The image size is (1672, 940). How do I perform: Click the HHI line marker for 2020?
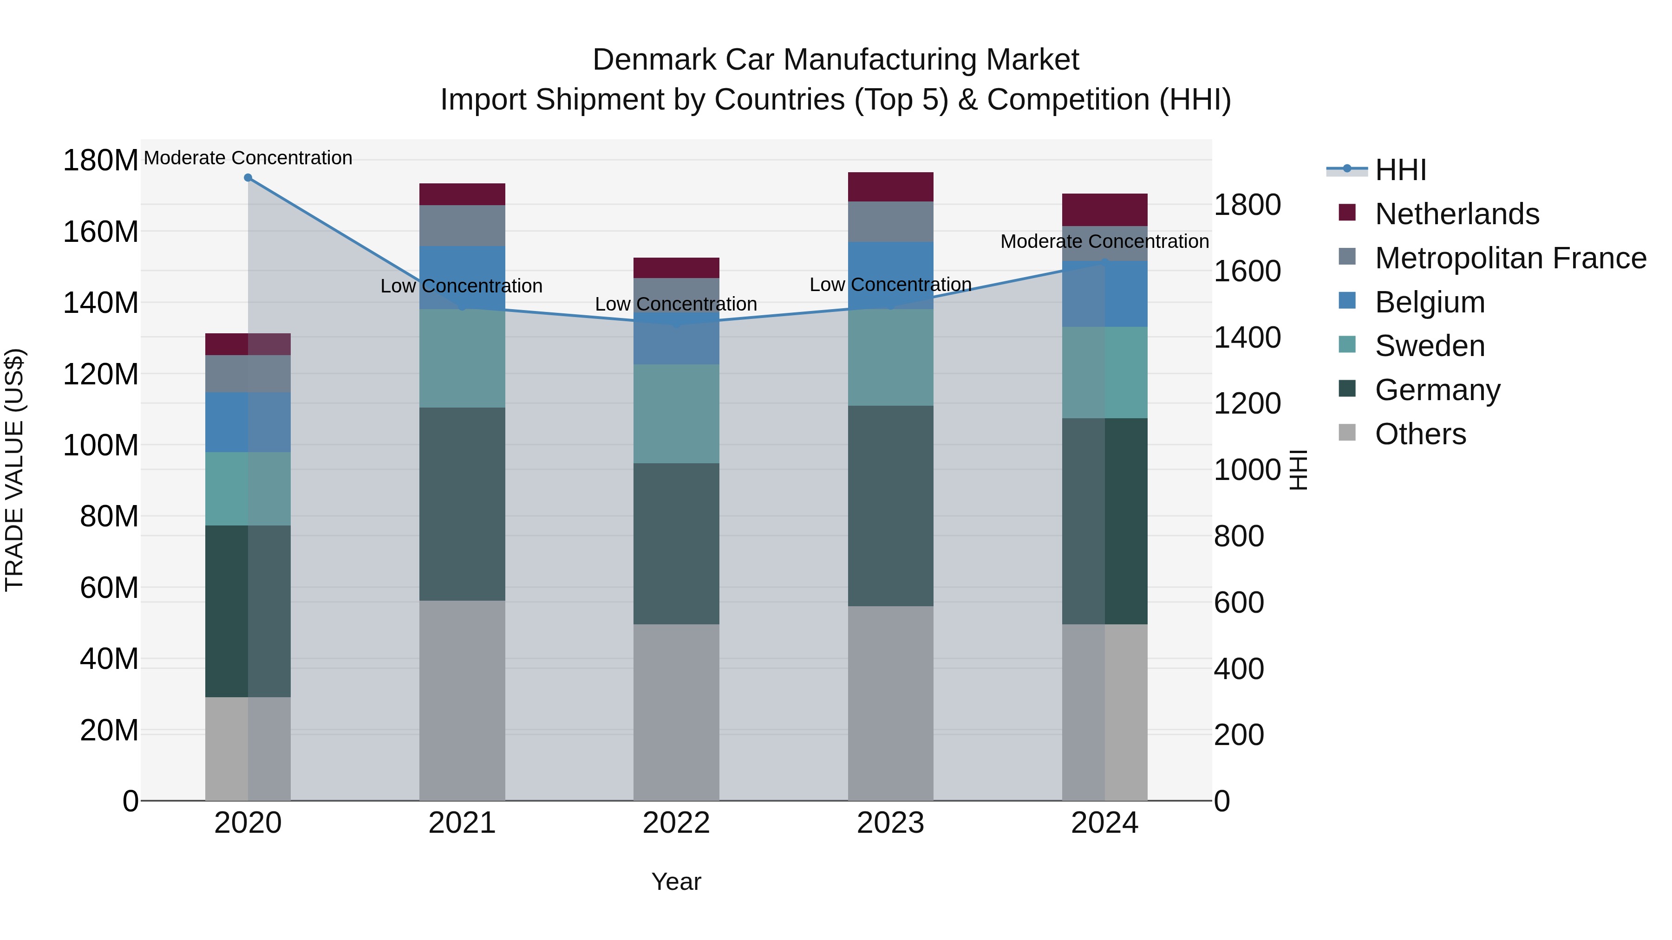[248, 178]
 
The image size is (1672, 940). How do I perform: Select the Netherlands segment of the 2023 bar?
[890, 187]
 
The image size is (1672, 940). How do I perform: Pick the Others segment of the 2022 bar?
[676, 712]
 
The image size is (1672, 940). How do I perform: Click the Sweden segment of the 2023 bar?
[890, 357]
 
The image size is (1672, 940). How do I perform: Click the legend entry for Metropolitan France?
[1510, 258]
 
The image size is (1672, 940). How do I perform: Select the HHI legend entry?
[1400, 170]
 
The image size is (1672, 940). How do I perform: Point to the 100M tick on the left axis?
[101, 446]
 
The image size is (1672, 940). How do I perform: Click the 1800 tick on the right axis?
[1247, 205]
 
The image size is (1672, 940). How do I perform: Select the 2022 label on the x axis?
[676, 823]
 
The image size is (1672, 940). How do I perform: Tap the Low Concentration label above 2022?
[676, 304]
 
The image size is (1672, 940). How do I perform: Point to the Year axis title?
[676, 882]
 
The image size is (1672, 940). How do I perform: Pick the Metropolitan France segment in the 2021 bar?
[462, 226]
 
